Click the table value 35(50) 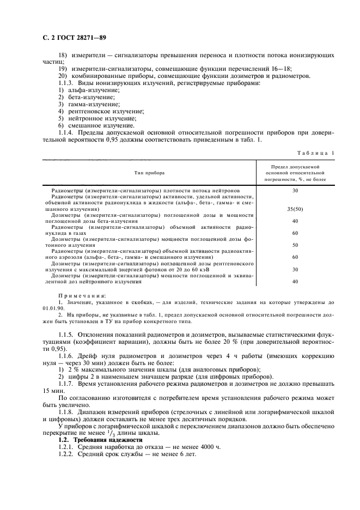tap(295, 209)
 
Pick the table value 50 tap(295, 245)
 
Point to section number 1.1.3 tap(68, 82)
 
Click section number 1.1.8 tap(68, 412)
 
